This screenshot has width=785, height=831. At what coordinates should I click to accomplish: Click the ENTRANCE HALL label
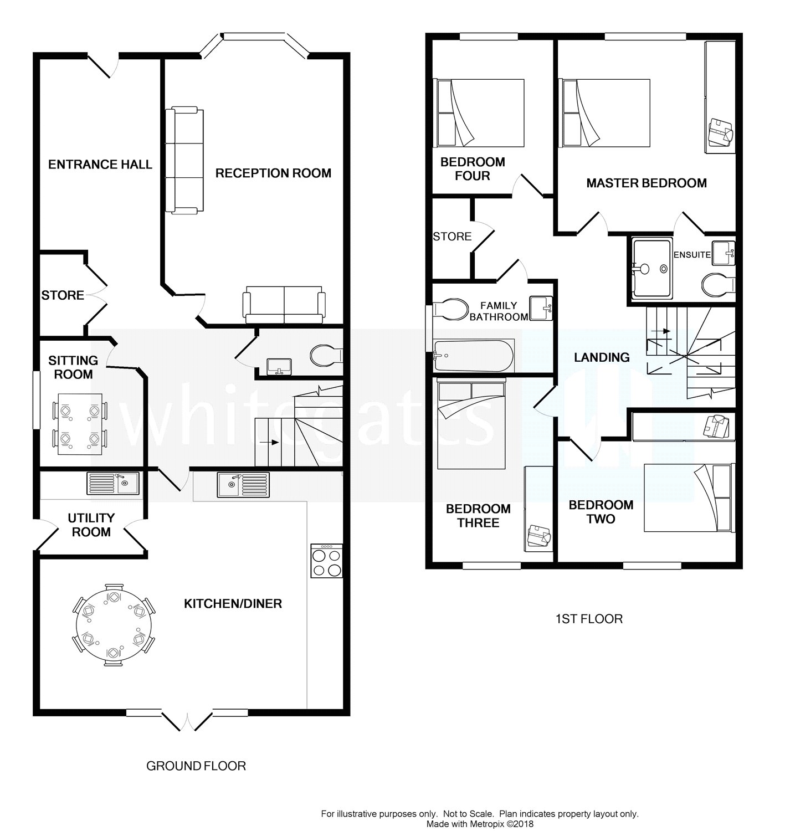click(x=100, y=165)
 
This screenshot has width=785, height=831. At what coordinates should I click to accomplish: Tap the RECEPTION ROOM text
click(x=273, y=173)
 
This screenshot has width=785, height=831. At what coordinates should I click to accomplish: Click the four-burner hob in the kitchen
click(x=327, y=561)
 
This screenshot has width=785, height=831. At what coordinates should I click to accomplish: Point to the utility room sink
click(x=113, y=483)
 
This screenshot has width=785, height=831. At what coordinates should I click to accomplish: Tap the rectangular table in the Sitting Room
click(x=80, y=424)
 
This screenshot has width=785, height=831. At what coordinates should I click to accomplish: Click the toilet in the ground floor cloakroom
click(x=327, y=356)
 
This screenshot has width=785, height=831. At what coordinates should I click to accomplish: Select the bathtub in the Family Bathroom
click(x=473, y=356)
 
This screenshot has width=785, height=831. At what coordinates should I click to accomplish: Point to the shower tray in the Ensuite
click(x=652, y=269)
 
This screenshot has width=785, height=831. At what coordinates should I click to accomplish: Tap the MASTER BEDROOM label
click(x=646, y=183)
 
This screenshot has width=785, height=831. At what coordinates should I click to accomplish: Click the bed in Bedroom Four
click(x=480, y=113)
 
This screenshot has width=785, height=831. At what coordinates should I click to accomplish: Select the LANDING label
click(x=602, y=357)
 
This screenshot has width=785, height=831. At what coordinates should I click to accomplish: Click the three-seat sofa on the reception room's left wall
click(x=184, y=160)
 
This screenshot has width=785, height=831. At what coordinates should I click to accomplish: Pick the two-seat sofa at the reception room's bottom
click(x=284, y=305)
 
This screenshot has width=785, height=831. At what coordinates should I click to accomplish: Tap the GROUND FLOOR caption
click(x=196, y=766)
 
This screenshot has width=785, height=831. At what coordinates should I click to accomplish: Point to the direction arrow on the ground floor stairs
click(x=269, y=442)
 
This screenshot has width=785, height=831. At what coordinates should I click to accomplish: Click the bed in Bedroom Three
click(x=471, y=424)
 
